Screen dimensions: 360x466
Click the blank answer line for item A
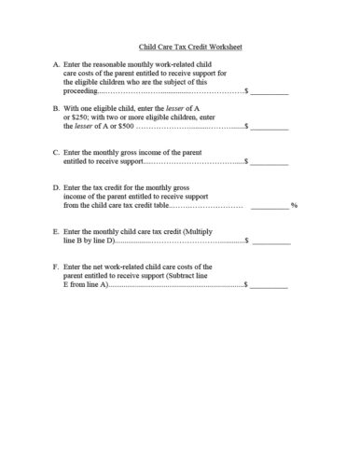(x=270, y=93)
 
